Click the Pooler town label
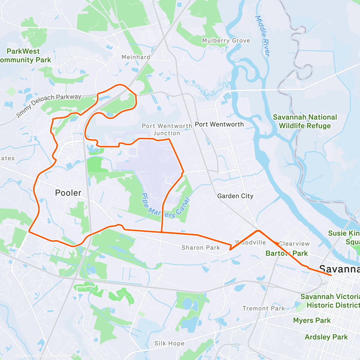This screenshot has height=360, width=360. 68,193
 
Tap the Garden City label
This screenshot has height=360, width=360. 235,196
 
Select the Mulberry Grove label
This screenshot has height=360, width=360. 226,40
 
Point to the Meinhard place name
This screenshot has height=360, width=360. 136,57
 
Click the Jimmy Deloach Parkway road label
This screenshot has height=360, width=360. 49,105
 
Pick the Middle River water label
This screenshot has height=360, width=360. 263,36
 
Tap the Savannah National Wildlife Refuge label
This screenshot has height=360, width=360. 305,121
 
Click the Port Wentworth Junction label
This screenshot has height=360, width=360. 167,130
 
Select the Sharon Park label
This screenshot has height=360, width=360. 201,247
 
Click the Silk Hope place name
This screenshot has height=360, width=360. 169,343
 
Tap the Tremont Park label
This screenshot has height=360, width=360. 263,308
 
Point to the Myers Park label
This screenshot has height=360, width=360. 312,320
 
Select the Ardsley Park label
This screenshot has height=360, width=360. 326,337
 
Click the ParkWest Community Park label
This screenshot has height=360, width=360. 24,55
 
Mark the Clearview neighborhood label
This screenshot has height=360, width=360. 294,244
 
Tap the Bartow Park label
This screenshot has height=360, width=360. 286,253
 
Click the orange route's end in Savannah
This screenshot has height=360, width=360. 331,275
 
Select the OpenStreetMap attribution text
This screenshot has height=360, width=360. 63,356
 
